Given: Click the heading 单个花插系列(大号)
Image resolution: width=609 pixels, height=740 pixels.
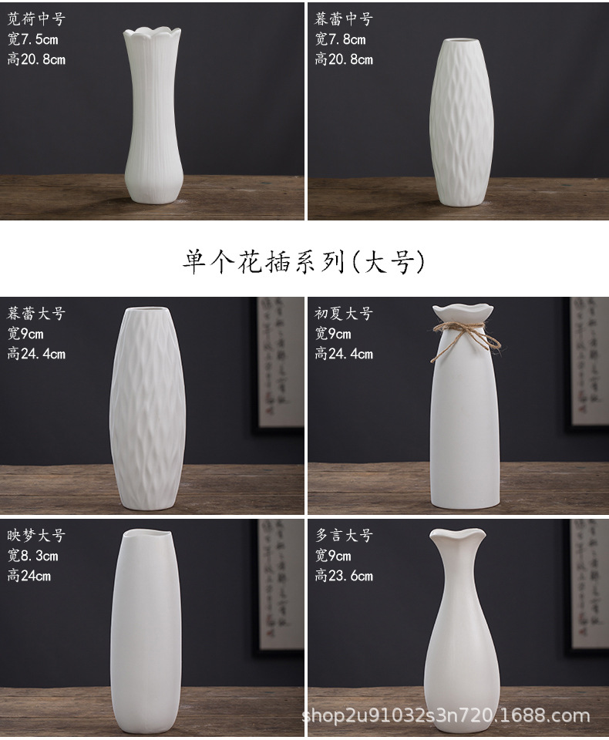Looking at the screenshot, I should click(x=304, y=263).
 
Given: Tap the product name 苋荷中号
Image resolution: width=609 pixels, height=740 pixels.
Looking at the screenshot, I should click(x=36, y=19).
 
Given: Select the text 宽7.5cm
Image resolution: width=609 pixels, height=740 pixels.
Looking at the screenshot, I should click(x=32, y=39).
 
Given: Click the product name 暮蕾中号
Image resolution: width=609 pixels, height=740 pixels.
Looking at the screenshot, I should click(x=343, y=19).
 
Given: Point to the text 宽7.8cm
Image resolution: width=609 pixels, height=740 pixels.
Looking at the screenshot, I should click(x=340, y=39).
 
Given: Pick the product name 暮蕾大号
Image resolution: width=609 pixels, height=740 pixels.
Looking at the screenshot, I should click(x=36, y=314).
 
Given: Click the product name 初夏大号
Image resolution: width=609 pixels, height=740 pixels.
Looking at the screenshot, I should click(x=343, y=314).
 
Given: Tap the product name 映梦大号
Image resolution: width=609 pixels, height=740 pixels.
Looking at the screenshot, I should click(x=36, y=535).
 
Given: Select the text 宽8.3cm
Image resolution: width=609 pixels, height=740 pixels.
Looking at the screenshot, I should click(x=32, y=555).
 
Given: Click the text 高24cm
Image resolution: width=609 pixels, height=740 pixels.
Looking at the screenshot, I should click(x=29, y=575).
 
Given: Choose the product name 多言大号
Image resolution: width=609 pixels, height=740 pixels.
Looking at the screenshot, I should click(x=343, y=535).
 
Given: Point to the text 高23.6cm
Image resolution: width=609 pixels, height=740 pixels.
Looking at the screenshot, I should click(x=343, y=575).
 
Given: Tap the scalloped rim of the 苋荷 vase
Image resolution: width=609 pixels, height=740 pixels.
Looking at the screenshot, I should click(x=153, y=34).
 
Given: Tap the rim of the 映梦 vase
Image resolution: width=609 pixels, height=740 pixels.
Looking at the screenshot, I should click(x=145, y=534).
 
